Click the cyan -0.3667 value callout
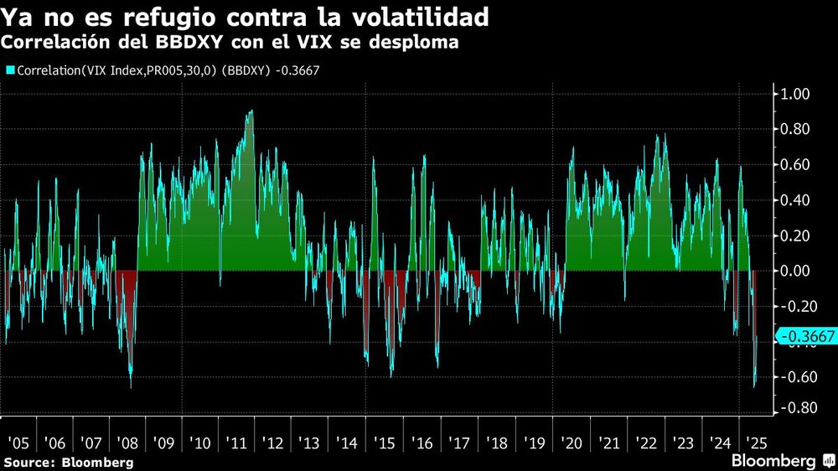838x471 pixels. click(806, 337)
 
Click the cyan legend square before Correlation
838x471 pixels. click(9, 70)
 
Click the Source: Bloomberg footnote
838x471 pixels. click(69, 462)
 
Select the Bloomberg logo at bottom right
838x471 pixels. click(780, 461)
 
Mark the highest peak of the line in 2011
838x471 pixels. click(251, 111)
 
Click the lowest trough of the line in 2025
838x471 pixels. click(754, 386)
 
